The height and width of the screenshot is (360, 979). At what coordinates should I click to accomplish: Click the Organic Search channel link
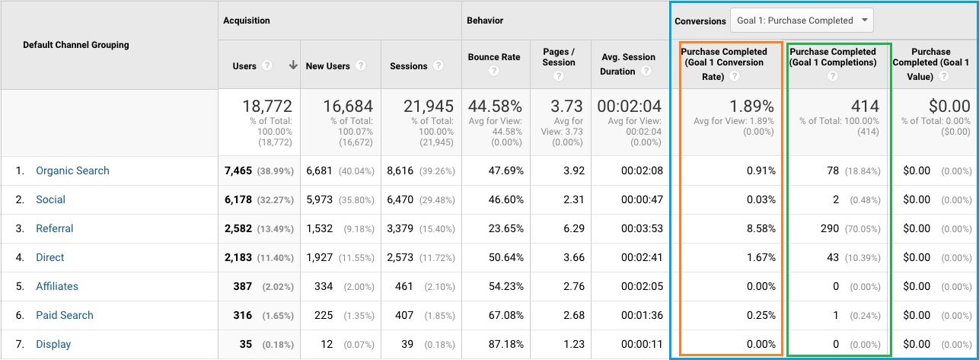(72, 170)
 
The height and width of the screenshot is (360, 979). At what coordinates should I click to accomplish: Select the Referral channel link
(55, 228)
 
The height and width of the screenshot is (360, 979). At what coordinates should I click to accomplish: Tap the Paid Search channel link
(65, 315)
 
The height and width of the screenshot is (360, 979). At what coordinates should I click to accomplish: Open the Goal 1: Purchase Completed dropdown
(802, 21)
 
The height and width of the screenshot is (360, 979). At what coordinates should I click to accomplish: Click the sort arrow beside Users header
(293, 65)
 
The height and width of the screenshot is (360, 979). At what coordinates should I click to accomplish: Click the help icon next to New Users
(361, 66)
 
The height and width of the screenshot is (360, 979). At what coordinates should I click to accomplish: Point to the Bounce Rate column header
(494, 57)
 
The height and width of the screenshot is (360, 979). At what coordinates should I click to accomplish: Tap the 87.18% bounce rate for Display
(505, 344)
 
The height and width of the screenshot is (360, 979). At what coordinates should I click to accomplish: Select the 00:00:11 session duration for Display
(641, 344)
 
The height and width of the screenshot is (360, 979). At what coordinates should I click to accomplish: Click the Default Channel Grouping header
(76, 45)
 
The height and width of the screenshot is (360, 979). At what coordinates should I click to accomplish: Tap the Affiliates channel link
(57, 286)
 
